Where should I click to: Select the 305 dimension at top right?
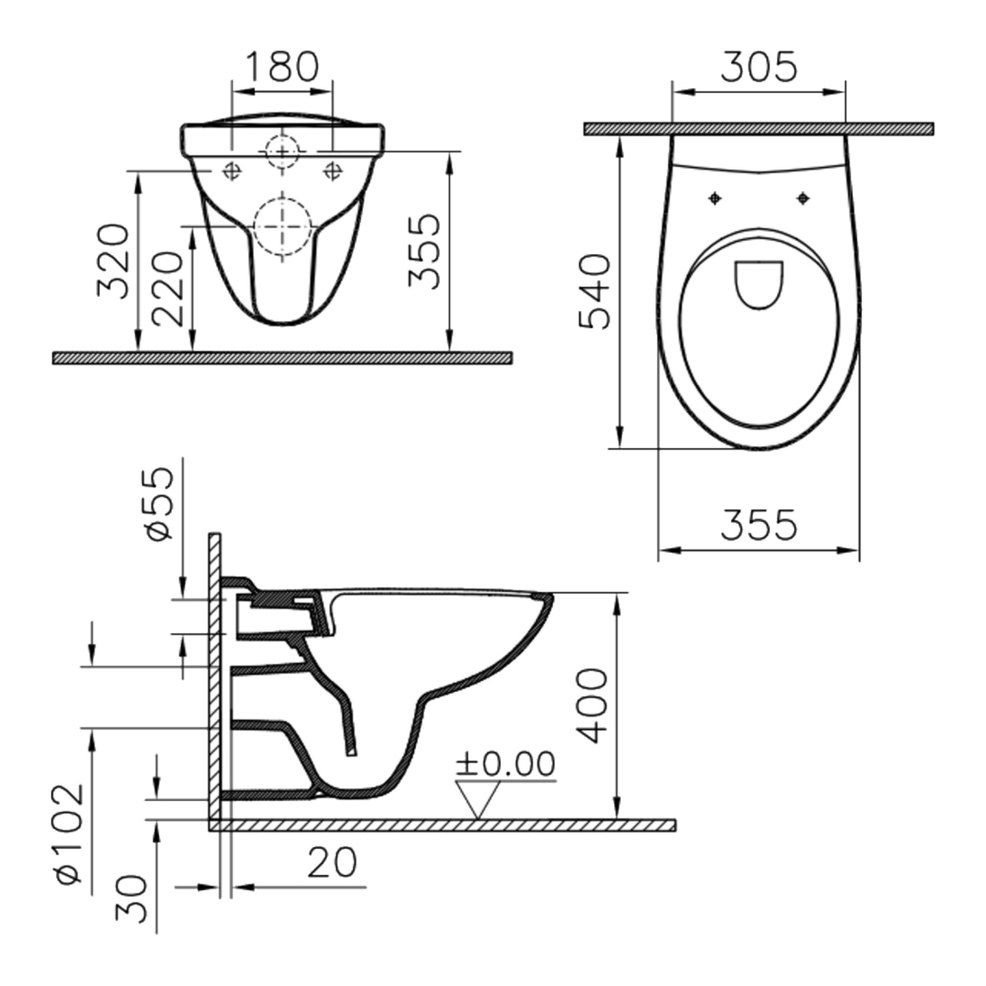pos(758,67)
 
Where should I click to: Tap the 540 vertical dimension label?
pos(595,292)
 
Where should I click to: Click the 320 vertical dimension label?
pos(113,261)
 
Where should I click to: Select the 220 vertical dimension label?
pos(168,289)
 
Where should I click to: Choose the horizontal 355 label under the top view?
pos(758,525)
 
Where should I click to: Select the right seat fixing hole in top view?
pos(803,198)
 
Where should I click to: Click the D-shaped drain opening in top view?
pos(759,284)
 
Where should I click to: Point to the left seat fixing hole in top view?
pos(715,198)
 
